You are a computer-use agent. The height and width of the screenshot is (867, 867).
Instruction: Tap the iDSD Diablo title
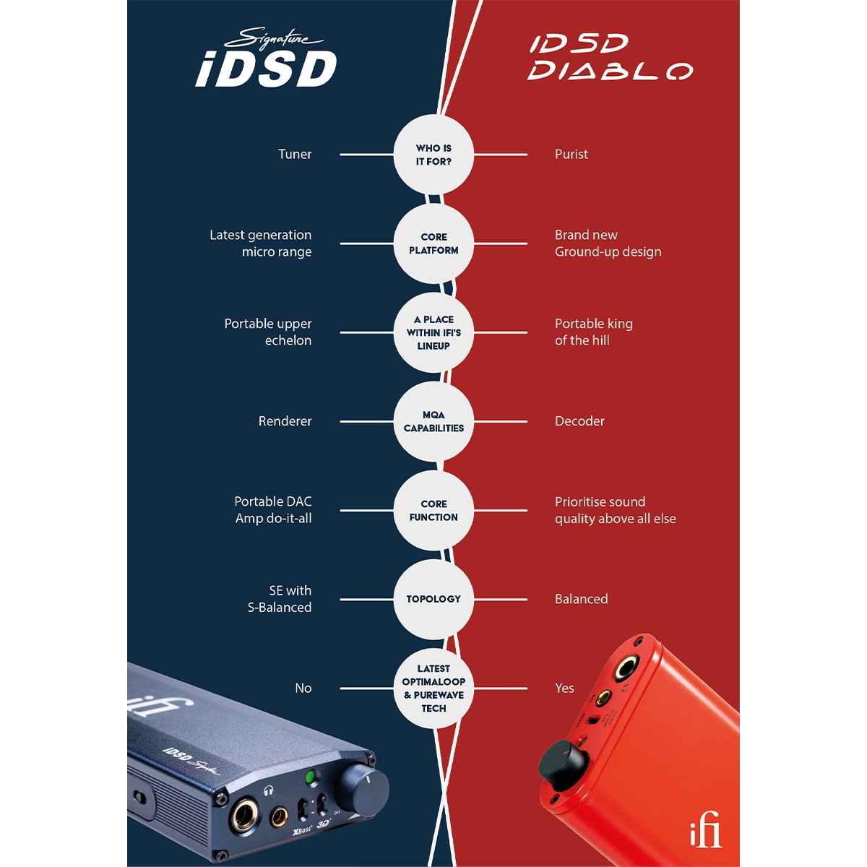tap(610, 57)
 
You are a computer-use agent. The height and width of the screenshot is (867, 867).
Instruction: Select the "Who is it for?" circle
tap(433, 155)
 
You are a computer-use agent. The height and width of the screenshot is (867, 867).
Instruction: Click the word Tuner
tap(295, 154)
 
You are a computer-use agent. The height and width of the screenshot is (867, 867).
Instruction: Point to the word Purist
tap(571, 154)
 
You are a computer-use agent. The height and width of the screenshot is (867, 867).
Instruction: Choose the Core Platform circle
tap(433, 243)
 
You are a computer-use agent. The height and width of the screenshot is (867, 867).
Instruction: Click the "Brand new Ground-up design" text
tap(608, 243)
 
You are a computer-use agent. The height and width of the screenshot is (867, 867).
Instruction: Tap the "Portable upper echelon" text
tap(268, 332)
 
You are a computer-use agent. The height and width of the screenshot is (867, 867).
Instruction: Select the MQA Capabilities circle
tap(433, 421)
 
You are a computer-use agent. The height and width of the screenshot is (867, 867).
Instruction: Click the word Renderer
tap(285, 421)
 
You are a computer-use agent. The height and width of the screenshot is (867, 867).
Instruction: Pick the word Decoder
tap(579, 421)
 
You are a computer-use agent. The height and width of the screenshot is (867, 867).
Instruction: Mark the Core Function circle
tap(433, 510)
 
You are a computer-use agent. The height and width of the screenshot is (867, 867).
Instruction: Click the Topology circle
tap(433, 599)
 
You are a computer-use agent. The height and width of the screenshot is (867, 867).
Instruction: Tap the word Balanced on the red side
tap(581, 599)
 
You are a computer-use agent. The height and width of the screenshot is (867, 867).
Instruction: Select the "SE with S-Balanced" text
tap(280, 599)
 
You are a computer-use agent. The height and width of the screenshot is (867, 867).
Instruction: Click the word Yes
tap(564, 688)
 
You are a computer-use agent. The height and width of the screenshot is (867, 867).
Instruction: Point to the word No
tap(303, 688)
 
